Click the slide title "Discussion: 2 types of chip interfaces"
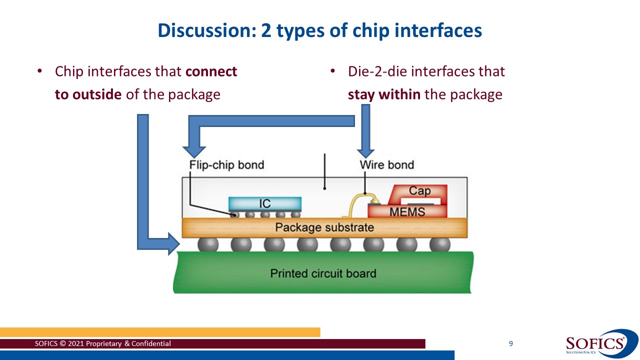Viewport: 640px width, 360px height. [320, 30]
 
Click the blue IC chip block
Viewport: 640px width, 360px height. [265, 203]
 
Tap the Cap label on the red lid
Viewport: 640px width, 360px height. [419, 191]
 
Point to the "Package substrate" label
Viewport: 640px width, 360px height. [324, 228]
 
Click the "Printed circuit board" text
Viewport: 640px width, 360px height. [323, 273]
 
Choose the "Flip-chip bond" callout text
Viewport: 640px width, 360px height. [226, 165]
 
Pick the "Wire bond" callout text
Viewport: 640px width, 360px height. [386, 165]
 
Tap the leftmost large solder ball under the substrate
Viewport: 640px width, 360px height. [208, 244]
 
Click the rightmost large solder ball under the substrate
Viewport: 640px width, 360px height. [439, 244]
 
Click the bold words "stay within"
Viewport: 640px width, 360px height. [383, 94]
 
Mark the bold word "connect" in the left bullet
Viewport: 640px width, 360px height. [211, 71]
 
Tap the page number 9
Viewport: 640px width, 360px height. [510, 343]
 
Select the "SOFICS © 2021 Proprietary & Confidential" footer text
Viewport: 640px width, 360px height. [103, 343]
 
